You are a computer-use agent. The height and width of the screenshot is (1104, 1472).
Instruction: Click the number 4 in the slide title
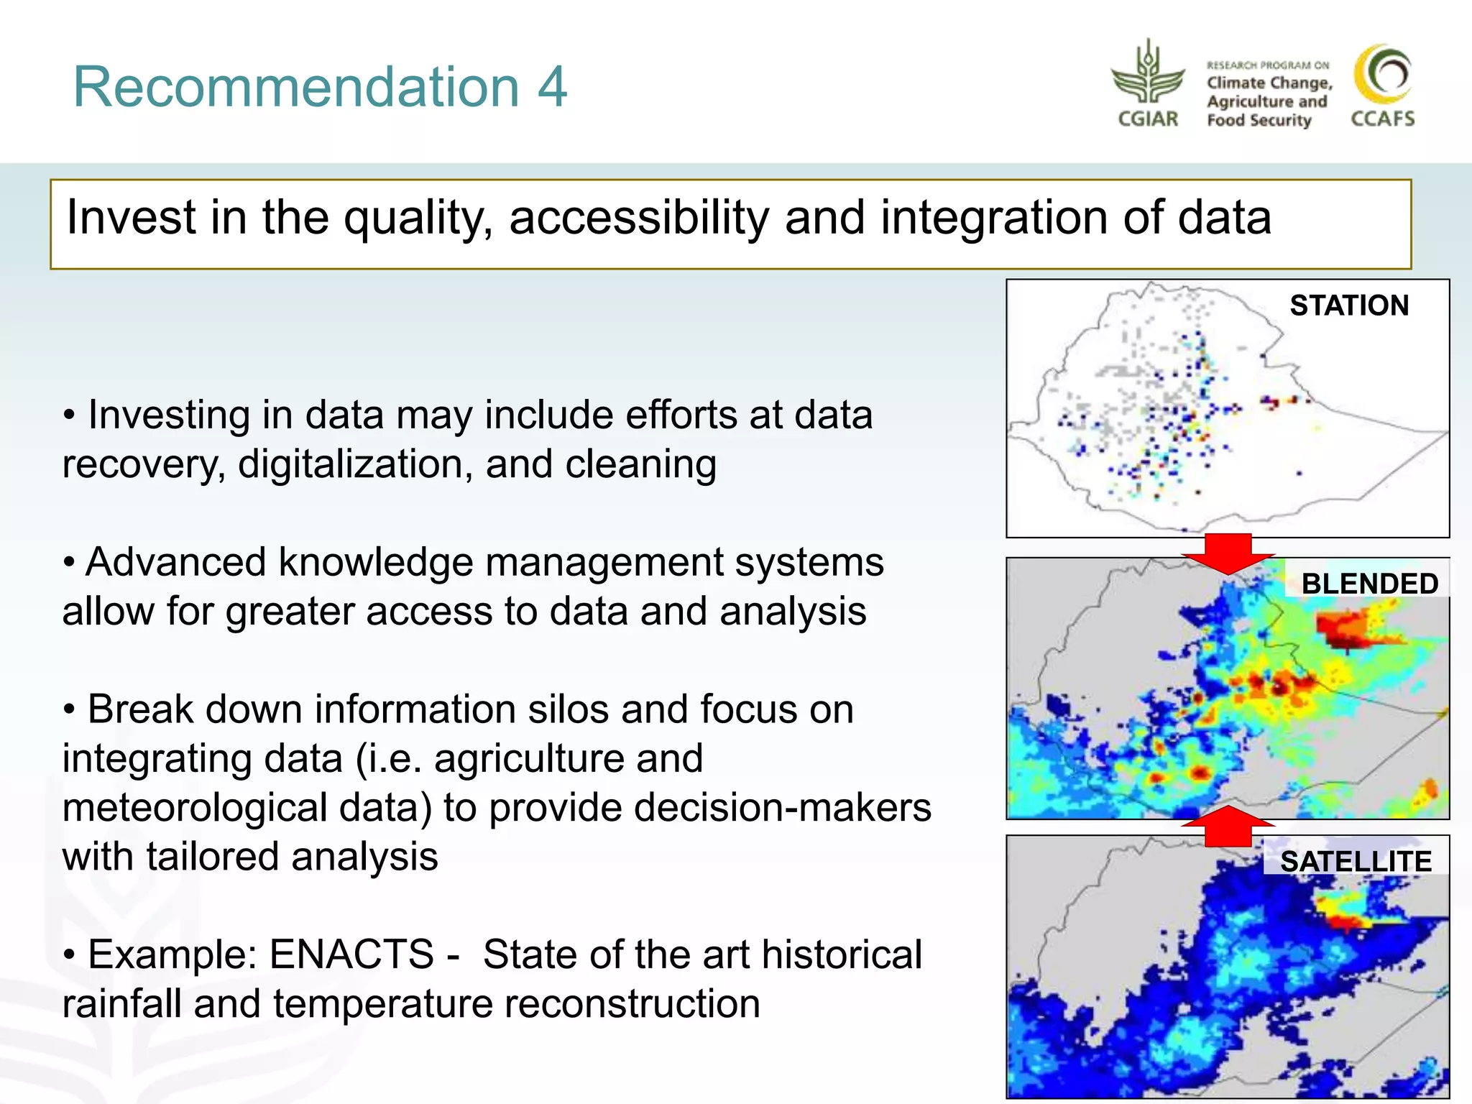551,87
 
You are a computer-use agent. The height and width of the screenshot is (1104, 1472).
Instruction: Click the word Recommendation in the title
295,87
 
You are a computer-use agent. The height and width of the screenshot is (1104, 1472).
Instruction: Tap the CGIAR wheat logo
1148,75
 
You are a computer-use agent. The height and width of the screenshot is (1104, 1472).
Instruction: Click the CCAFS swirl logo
1382,75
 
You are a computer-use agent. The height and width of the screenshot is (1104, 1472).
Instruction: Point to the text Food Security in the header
1259,120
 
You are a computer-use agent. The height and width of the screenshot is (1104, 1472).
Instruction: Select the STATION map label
1348,305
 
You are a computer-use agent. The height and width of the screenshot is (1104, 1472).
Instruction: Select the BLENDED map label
1369,583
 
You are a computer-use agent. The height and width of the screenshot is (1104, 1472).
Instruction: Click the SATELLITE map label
1356,861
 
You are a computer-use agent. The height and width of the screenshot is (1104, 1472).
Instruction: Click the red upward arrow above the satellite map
1228,826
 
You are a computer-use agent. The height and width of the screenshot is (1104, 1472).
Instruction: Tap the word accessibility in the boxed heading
638,217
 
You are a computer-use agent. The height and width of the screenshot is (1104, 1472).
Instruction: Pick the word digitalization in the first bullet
355,464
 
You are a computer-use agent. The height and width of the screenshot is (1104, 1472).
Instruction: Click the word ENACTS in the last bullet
351,954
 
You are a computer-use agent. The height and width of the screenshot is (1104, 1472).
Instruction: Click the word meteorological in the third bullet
246,807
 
